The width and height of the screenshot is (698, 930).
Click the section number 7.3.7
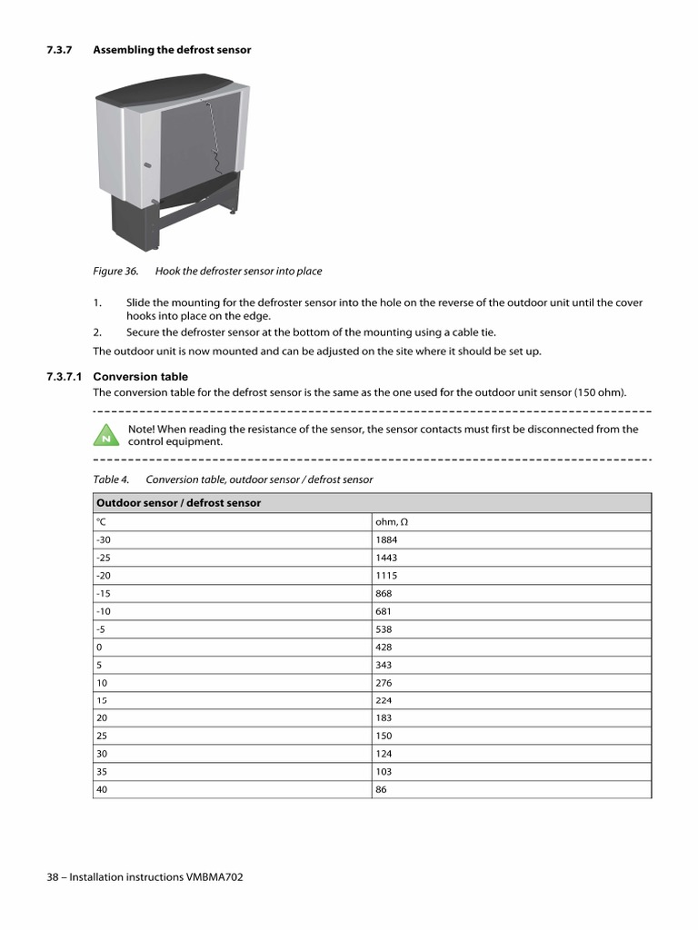[60, 50]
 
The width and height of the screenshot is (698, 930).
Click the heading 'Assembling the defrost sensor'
[172, 50]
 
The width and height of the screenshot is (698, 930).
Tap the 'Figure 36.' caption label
[115, 271]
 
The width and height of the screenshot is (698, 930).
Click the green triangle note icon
[106, 435]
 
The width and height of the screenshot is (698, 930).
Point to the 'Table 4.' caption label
[112, 479]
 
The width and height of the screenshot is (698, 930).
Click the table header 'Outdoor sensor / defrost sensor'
[178, 503]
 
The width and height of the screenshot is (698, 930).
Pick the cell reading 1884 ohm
[386, 539]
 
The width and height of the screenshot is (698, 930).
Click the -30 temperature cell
[103, 539]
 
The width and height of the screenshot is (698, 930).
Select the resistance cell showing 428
[384, 647]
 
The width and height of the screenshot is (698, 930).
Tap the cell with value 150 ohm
[384, 736]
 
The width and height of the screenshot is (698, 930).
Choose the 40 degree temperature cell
[101, 789]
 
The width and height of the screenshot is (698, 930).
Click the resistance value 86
[381, 789]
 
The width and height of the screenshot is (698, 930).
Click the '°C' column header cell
[100, 522]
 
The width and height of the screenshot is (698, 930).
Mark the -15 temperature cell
[103, 593]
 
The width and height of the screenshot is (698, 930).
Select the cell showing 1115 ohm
[386, 575]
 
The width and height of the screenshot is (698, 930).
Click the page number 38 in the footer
[52, 877]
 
